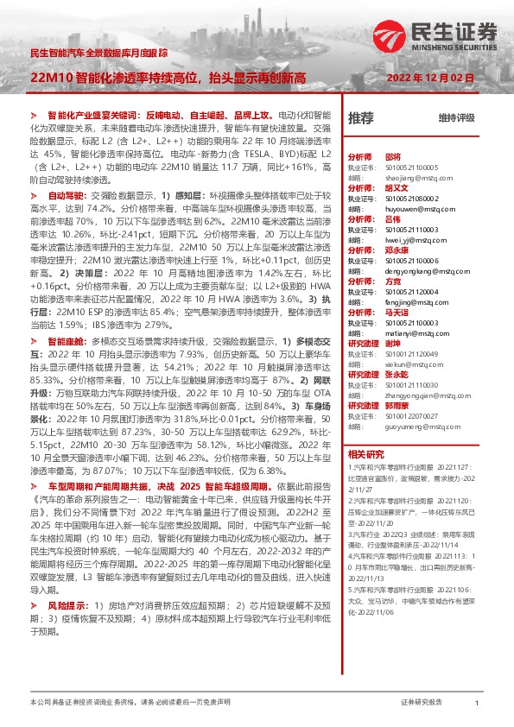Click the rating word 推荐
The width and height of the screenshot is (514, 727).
360,117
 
